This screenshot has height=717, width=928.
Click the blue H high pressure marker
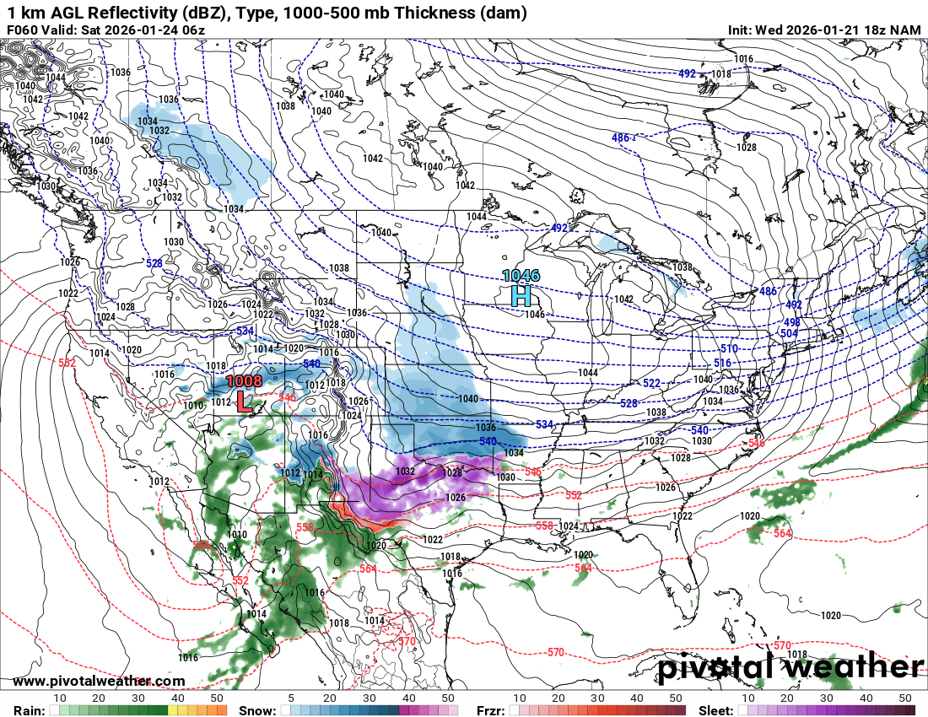[521, 295]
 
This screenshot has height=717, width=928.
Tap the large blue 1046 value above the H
[521, 275]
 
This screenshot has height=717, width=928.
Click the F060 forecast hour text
[24, 30]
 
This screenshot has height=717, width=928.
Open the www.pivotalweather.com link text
[99, 681]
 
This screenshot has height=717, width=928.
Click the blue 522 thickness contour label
[652, 384]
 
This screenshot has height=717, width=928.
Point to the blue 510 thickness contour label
[728, 348]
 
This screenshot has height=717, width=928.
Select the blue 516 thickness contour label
[723, 363]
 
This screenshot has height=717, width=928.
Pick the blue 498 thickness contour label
[791, 322]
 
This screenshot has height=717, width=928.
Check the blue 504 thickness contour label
[788, 333]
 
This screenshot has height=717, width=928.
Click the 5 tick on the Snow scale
[291, 698]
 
